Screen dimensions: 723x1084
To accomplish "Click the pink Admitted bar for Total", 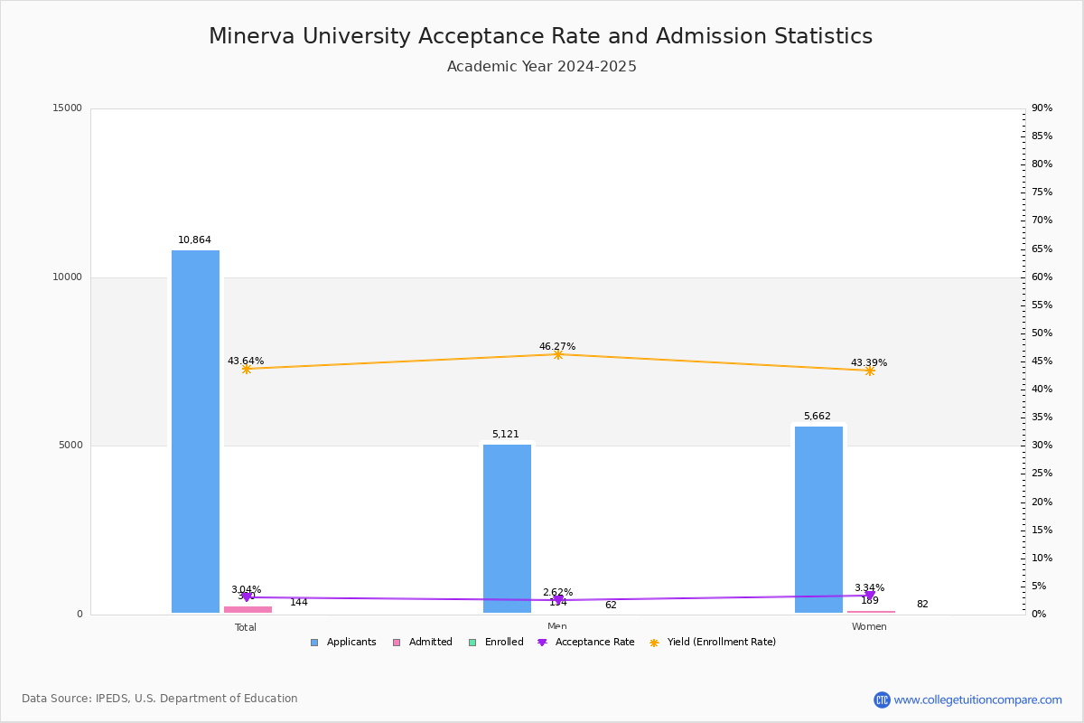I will point(248,609).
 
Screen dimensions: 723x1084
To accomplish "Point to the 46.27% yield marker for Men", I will point(558,354).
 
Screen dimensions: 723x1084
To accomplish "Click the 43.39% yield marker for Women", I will point(870,371).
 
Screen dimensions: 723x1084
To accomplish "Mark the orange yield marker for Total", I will point(246,369).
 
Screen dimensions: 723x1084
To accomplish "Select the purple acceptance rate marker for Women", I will point(870,596).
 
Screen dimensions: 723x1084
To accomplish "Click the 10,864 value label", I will point(194,240).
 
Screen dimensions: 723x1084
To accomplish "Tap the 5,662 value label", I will point(818,417).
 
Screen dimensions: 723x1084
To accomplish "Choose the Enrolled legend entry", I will point(496,643).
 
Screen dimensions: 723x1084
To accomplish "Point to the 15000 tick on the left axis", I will point(68,108).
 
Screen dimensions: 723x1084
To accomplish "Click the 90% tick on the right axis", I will point(1042,108).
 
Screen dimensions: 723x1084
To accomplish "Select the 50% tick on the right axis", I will point(1042,333).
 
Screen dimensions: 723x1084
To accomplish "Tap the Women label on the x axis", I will point(869,627).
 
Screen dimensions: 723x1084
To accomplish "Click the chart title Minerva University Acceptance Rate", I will point(540,36).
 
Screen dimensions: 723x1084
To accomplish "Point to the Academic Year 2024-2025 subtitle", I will point(542,67).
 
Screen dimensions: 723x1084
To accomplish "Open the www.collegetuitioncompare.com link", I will point(977,700).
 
